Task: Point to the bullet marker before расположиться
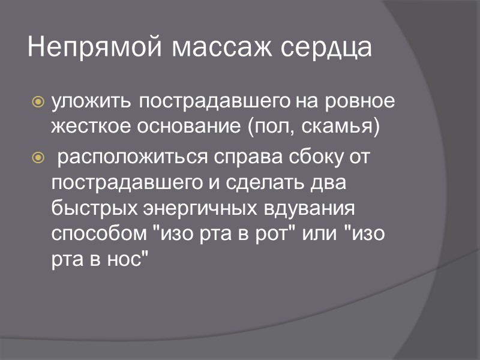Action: coord(38,158)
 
